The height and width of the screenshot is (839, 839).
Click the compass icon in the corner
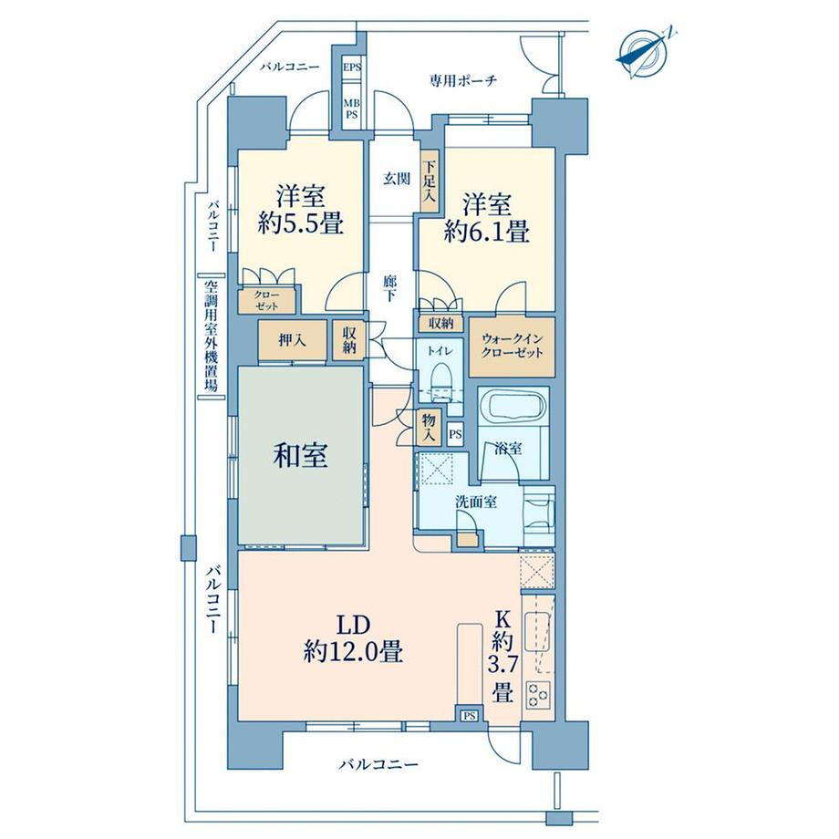(x=644, y=53)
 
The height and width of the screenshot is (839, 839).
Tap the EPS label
(x=352, y=67)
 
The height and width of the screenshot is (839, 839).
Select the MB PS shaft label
(x=351, y=109)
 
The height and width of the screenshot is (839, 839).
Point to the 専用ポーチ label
(x=463, y=81)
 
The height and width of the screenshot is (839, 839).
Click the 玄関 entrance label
(x=397, y=179)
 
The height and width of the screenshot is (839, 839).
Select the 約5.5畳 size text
(x=300, y=223)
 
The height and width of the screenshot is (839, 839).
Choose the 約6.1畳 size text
(x=487, y=232)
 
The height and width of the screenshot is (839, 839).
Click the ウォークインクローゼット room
(x=513, y=347)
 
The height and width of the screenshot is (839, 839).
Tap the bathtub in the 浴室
(x=513, y=406)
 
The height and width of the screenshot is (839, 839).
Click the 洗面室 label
(x=476, y=502)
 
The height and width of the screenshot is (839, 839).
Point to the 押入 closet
(x=292, y=340)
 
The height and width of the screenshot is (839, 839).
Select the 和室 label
(x=300, y=456)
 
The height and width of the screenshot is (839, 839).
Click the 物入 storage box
(x=429, y=428)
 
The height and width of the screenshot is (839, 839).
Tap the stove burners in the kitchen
(x=538, y=696)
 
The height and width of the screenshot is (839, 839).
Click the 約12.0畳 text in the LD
(x=353, y=652)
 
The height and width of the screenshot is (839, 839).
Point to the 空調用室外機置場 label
(x=212, y=336)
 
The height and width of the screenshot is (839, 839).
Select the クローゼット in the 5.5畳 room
(x=266, y=300)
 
